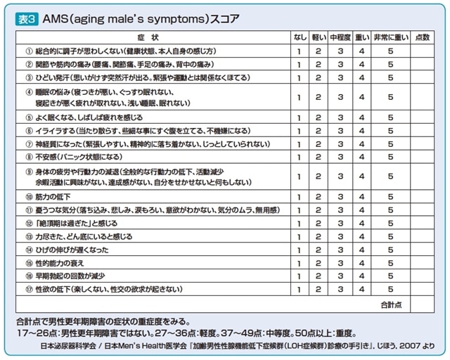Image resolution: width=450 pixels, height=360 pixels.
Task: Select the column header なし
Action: coord(300,37)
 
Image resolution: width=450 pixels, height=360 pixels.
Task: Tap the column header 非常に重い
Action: coord(390,37)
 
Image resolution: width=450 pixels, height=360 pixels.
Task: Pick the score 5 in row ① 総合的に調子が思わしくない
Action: coord(390,51)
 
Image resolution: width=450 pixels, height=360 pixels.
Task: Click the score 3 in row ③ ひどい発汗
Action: coord(340,78)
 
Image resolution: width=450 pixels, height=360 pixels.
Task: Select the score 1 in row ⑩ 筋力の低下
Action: coord(300,197)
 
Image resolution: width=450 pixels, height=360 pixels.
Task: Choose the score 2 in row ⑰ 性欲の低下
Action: coord(319,289)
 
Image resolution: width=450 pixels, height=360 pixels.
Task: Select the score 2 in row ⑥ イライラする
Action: coord(319,131)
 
